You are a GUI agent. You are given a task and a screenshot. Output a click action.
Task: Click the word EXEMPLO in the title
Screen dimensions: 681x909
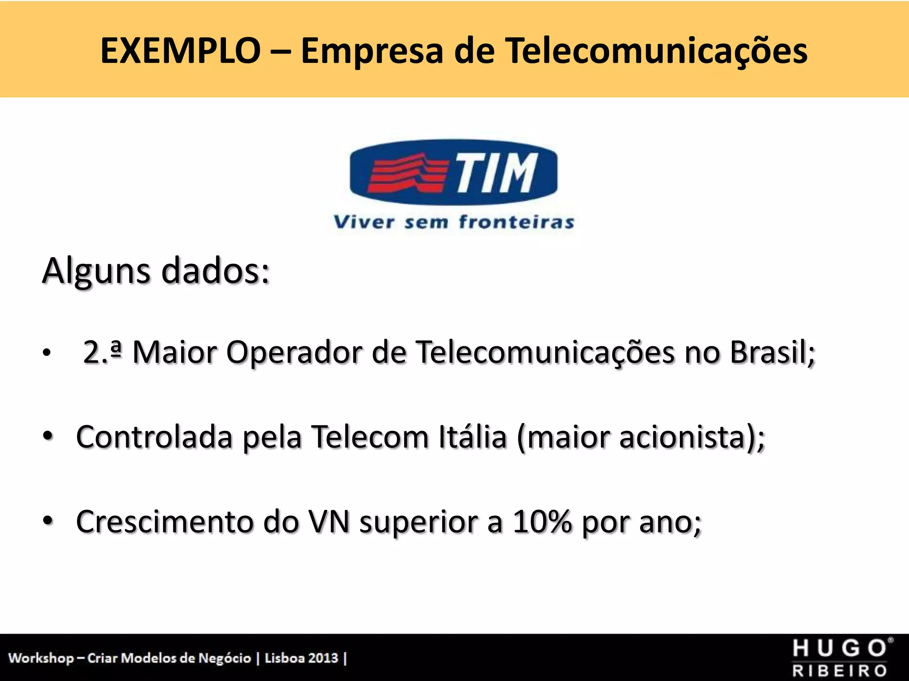coord(180,51)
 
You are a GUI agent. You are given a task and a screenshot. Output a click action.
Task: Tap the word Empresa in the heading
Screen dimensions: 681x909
coord(372,51)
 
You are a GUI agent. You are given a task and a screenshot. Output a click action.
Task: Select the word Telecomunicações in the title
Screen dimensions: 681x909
coord(656,51)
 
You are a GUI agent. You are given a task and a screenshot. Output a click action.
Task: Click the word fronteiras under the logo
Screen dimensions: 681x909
coord(516,222)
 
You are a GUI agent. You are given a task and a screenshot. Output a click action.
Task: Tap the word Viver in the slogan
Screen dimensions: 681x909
coord(364,222)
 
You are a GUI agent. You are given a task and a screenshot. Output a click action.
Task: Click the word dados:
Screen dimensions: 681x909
coord(215,271)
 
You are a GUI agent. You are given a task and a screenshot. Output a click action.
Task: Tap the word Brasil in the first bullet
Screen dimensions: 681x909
coord(772,353)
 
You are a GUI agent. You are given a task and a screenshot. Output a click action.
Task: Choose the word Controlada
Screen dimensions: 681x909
coord(154,437)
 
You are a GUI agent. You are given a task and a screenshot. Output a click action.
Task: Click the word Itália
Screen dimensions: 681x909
coord(473,437)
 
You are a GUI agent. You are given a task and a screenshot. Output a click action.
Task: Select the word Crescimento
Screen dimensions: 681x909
coord(165,522)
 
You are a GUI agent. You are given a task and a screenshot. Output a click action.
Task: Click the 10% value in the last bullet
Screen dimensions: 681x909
coord(542,522)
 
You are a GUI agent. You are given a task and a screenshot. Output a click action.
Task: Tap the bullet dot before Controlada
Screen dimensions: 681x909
coord(48,435)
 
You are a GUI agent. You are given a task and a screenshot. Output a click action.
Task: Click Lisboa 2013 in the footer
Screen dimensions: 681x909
coord(301,658)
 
